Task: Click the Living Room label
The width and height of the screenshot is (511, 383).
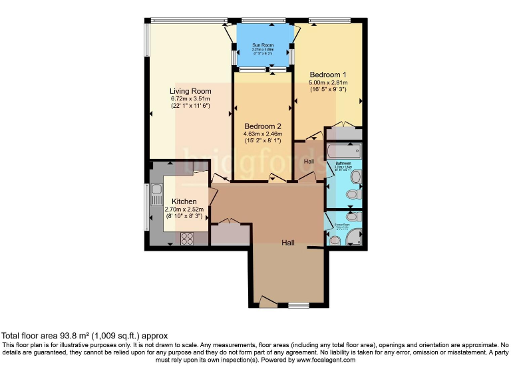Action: click(x=190, y=91)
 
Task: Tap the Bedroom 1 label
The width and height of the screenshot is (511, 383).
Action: click(x=329, y=74)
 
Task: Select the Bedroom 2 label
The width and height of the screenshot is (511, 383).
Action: click(x=262, y=126)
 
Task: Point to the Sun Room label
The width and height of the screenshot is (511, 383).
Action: click(x=263, y=45)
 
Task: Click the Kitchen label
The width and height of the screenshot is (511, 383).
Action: click(x=184, y=201)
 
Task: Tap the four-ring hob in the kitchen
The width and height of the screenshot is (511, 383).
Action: click(x=186, y=237)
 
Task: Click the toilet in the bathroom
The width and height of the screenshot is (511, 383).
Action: click(x=355, y=177)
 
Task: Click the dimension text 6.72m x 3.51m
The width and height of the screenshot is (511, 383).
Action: click(x=190, y=99)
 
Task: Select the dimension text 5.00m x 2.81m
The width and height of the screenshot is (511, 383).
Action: click(x=329, y=82)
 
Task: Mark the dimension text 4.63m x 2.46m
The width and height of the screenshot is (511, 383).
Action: click(x=262, y=134)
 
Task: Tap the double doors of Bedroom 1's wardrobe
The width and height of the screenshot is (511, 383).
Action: click(x=343, y=124)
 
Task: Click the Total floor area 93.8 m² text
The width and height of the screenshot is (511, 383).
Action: click(x=85, y=336)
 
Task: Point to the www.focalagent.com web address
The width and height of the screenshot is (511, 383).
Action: click(x=322, y=360)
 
